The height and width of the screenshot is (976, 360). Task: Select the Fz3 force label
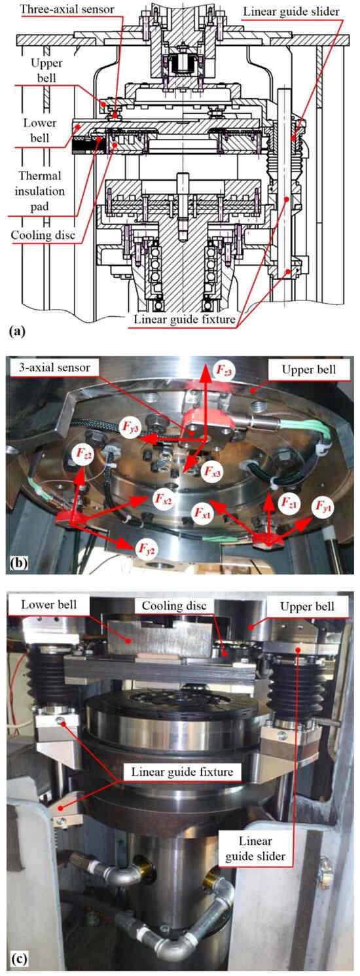(x=223, y=370)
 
